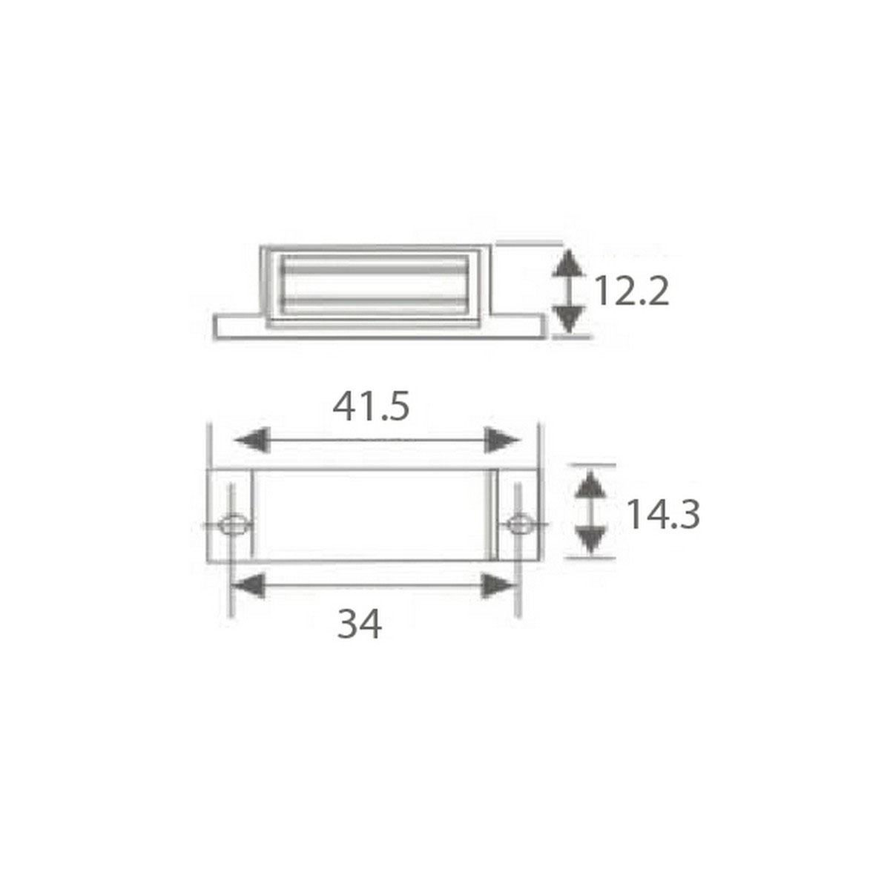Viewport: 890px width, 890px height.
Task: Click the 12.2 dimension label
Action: click(631, 291)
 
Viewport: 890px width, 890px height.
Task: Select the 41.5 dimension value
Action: click(371, 406)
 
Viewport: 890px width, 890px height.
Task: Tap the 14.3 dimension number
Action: click(664, 515)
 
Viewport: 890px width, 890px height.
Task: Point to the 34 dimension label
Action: click(359, 624)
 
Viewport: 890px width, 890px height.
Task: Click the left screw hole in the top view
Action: click(234, 524)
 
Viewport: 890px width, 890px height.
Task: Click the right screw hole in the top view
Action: click(520, 524)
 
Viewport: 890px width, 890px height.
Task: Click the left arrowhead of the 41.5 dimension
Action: click(251, 440)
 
